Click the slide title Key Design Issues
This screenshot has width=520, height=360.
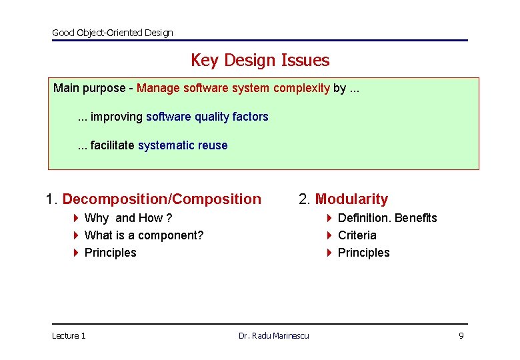259,60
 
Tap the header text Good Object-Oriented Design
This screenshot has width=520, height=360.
112,33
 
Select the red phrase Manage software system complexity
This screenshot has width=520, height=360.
233,88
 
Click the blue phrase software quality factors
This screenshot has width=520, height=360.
207,117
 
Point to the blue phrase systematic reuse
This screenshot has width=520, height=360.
182,145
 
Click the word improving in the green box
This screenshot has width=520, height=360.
117,117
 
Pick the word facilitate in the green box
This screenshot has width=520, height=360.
112,145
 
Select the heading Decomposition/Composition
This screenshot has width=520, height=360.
161,199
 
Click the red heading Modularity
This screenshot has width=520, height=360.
351,199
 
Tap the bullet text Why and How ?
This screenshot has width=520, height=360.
128,218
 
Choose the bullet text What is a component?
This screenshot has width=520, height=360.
144,235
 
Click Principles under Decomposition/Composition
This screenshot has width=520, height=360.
110,253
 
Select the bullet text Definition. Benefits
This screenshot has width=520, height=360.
387,218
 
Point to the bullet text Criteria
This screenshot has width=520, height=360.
357,235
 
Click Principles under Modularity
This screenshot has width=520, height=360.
363,253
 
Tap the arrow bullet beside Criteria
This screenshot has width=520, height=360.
329,235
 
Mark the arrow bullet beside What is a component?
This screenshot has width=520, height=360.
76,235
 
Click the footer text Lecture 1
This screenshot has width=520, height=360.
69,336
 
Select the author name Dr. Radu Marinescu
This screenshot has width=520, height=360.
273,336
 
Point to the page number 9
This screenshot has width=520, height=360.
461,336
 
